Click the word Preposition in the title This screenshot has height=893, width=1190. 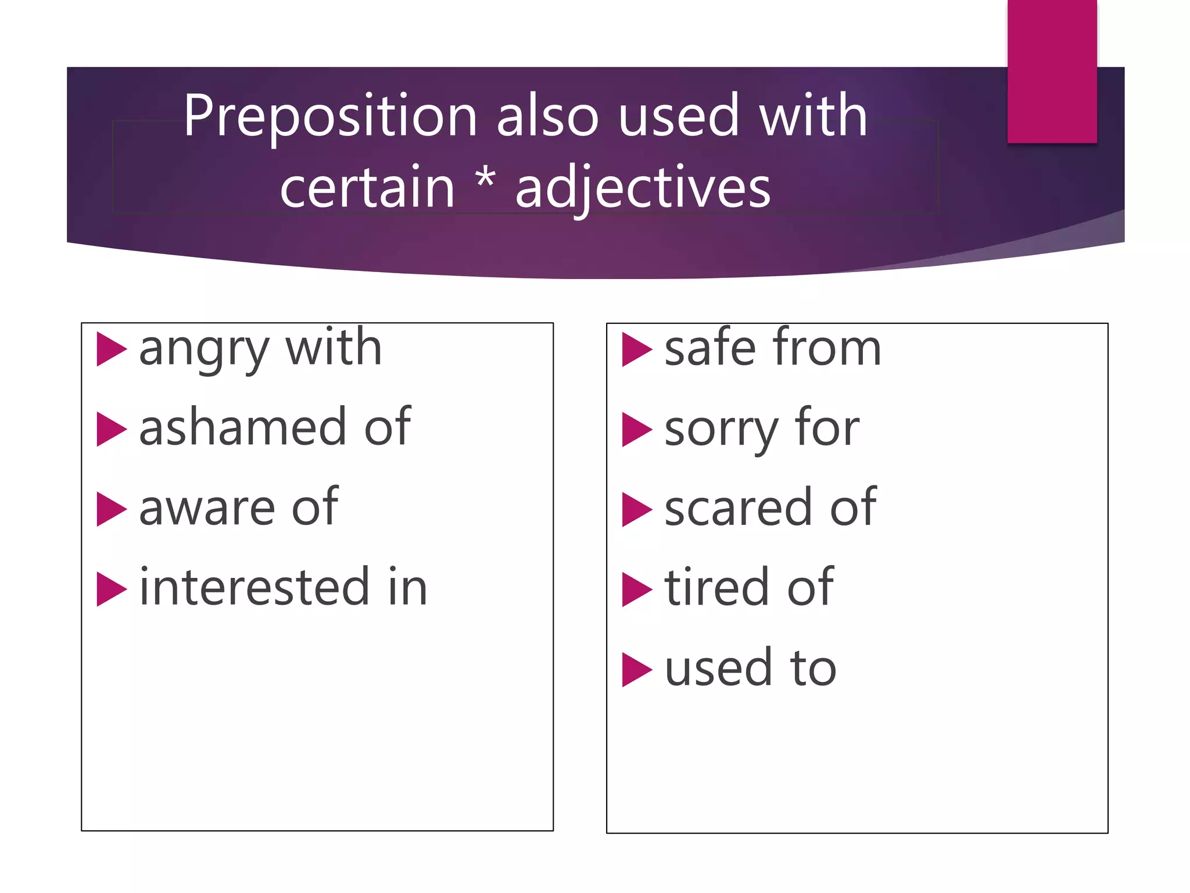pos(330,116)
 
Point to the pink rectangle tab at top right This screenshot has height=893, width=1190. pos(1052,71)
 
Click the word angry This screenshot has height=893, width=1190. pos(204,349)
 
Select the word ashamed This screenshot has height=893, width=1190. pos(243,428)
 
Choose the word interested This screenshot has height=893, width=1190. pos(255,587)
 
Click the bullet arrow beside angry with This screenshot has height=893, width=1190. pos(110,349)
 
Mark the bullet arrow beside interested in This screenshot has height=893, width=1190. pos(110,589)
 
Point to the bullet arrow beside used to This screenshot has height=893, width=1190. pos(636,670)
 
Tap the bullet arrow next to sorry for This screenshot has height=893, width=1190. pos(636,429)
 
